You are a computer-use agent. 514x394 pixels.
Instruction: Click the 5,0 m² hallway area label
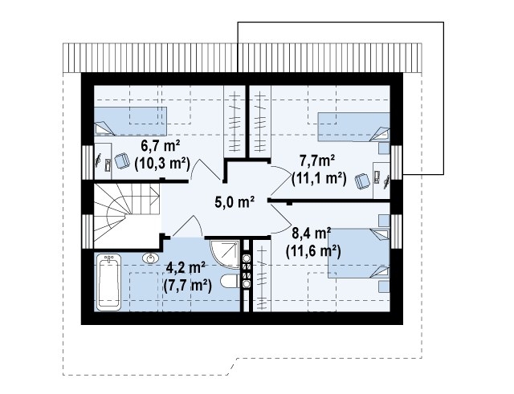[x=235, y=202]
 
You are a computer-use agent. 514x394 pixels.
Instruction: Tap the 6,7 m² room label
[x=161, y=146]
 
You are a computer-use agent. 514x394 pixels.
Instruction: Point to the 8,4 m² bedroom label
[x=311, y=234]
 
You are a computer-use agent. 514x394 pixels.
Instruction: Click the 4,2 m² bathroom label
[x=186, y=268]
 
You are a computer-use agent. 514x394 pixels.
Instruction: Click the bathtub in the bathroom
[x=108, y=282]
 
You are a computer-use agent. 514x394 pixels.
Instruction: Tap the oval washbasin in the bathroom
[x=151, y=258]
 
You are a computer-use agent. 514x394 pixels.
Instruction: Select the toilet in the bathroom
[x=230, y=282]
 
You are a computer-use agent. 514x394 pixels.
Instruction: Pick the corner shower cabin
[x=225, y=254]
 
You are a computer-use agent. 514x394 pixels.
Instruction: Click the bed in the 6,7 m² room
[x=130, y=121]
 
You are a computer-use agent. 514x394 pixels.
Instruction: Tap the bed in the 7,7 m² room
[x=354, y=127]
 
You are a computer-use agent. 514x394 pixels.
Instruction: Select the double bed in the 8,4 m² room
[x=359, y=253]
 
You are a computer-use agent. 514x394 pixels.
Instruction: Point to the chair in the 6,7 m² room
[x=122, y=161]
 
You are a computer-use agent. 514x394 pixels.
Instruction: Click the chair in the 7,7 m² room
[x=362, y=181]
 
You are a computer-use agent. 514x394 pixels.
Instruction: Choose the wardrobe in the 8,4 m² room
[x=261, y=275]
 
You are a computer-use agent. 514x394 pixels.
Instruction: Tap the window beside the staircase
[x=88, y=231]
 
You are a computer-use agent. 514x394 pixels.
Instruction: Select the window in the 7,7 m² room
[x=396, y=162]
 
